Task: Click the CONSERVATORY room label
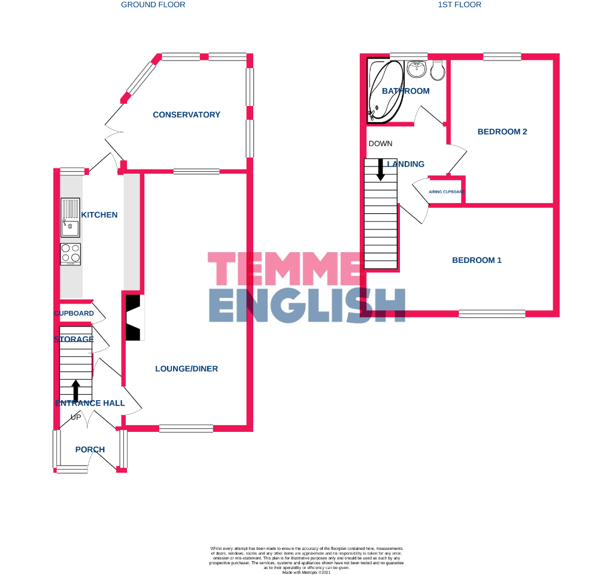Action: click(x=186, y=114)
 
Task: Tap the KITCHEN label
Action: click(x=99, y=214)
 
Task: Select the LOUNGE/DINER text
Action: click(x=186, y=368)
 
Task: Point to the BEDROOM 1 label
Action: click(x=477, y=260)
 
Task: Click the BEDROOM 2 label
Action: click(x=502, y=131)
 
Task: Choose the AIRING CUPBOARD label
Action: click(x=447, y=192)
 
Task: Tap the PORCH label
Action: click(x=90, y=449)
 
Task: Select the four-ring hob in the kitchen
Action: click(x=70, y=254)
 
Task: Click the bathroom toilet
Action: click(x=438, y=70)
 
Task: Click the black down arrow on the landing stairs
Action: click(x=380, y=169)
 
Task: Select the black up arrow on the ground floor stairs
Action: click(x=75, y=390)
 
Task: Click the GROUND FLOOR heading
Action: click(x=153, y=5)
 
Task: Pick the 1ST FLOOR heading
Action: click(x=460, y=5)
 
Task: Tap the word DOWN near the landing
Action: click(x=381, y=144)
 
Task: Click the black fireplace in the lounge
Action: click(x=135, y=317)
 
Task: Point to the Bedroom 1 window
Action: click(x=492, y=313)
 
